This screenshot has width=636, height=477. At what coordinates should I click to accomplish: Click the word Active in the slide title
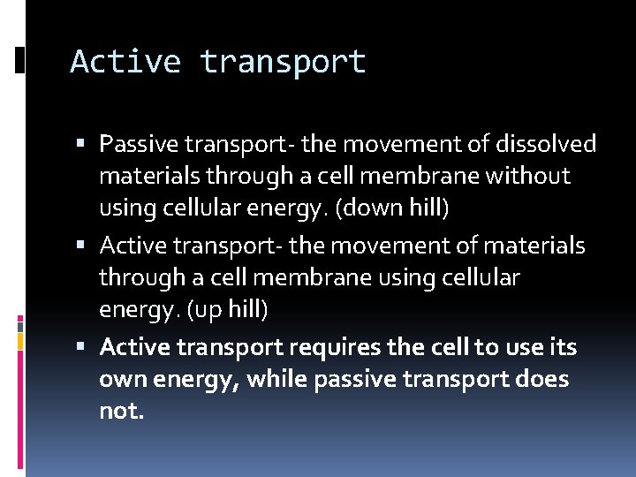[x=125, y=62]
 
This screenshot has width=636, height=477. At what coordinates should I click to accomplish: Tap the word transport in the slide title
[x=283, y=62]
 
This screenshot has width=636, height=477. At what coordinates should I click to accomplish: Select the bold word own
[x=125, y=380]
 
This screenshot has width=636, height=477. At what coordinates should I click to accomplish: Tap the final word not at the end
[x=120, y=412]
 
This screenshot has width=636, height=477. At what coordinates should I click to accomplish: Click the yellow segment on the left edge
[x=20, y=340]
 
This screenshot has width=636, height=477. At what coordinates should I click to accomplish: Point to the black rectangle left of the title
[x=20, y=59]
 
